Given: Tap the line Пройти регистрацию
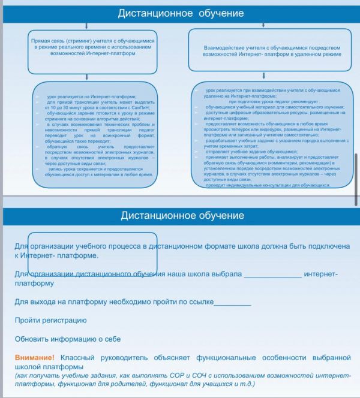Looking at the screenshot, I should click(50, 320).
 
